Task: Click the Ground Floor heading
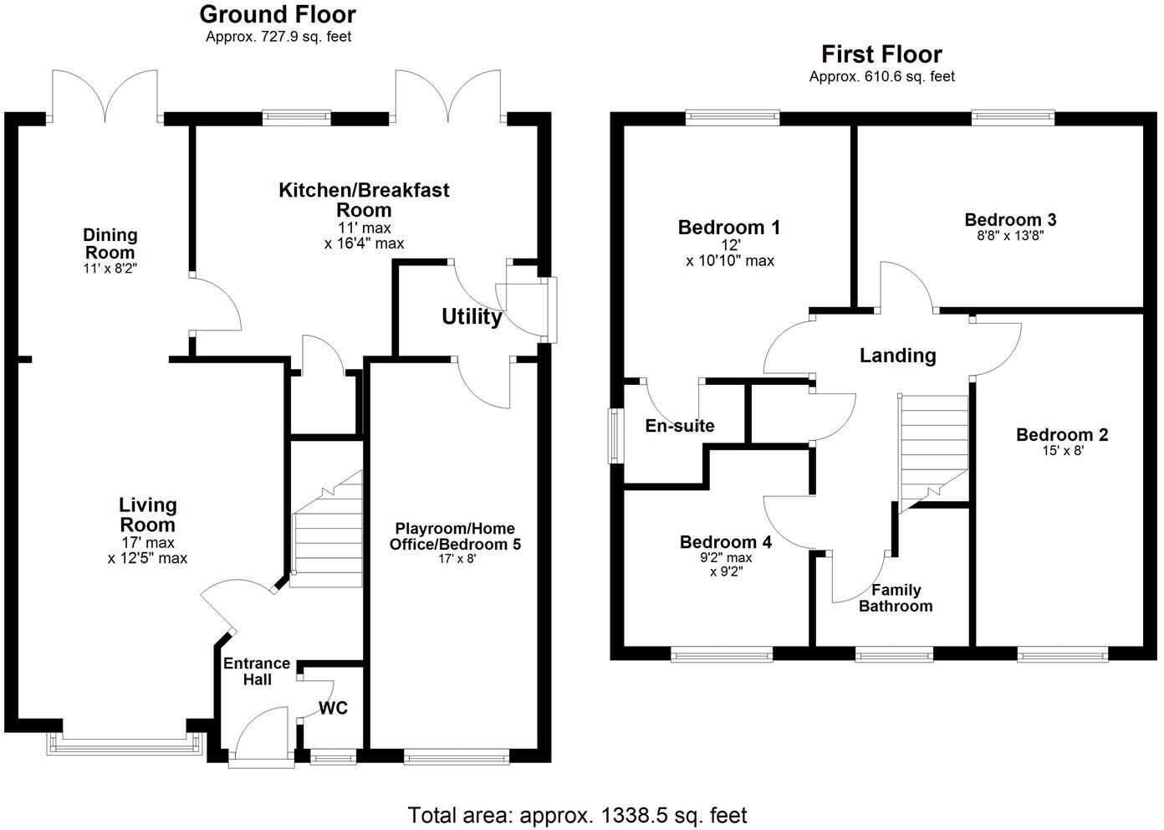pos(278,14)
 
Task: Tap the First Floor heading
pos(882,54)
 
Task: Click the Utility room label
pos(472,317)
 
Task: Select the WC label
pos(333,708)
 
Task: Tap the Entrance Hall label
pos(257,671)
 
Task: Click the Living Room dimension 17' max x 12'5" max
pos(147,551)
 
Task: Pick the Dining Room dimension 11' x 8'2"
pos(110,269)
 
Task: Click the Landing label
pos(898,356)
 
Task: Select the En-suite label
pos(680,426)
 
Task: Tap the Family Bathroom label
pos(896,598)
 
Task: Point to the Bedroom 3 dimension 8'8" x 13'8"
pos(1010,236)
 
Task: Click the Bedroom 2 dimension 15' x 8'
pos(1063,450)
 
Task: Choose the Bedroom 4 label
pos(726,542)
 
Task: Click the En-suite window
pos(615,435)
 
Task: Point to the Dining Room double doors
pos(105,97)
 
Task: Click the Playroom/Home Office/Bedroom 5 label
pos(455,536)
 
